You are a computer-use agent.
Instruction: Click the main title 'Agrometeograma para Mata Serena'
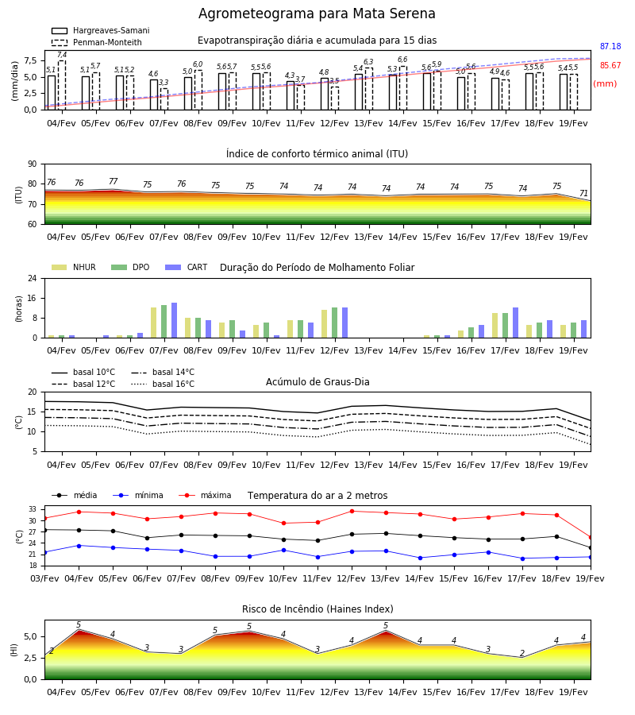(317, 14)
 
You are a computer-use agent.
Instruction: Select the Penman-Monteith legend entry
(97, 42)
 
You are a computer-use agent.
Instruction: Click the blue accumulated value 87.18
(610, 47)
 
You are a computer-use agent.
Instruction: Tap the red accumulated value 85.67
(610, 66)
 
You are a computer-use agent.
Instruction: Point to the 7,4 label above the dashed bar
(62, 55)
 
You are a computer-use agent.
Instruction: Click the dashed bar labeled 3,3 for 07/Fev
(164, 99)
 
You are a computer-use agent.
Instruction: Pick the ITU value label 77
(113, 181)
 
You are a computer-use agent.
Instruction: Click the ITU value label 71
(583, 193)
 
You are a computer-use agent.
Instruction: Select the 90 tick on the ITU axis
(33, 164)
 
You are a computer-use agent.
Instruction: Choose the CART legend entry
(187, 267)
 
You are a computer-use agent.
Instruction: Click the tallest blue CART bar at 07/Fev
(174, 320)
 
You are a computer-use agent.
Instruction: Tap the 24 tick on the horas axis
(33, 278)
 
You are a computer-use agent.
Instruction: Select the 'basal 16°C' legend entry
(163, 385)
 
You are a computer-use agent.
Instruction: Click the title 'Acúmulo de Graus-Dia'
(317, 382)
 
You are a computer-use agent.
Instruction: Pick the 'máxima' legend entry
(205, 495)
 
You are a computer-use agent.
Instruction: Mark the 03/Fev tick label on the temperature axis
(44, 578)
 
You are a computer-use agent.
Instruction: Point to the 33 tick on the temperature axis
(33, 509)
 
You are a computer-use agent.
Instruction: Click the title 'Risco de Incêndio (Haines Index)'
(317, 609)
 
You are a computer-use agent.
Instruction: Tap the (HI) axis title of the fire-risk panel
(13, 650)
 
